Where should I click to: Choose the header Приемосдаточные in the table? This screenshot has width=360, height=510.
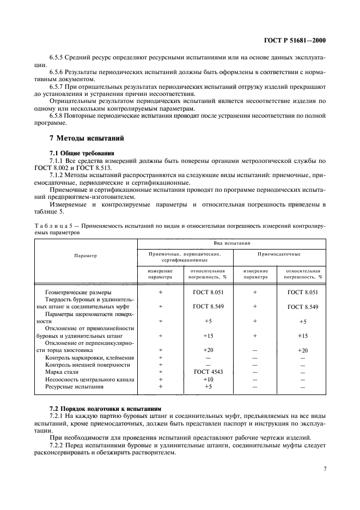(279, 254)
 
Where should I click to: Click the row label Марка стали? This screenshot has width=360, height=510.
(62, 372)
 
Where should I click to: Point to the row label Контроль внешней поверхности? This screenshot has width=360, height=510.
(87, 365)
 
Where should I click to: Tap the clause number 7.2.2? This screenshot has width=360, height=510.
(57, 446)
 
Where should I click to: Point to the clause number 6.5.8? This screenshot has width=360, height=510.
(58, 116)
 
